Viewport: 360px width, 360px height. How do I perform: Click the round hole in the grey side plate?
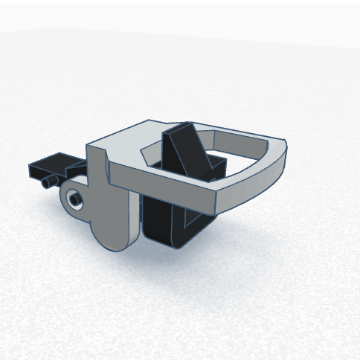tap(74, 199)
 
